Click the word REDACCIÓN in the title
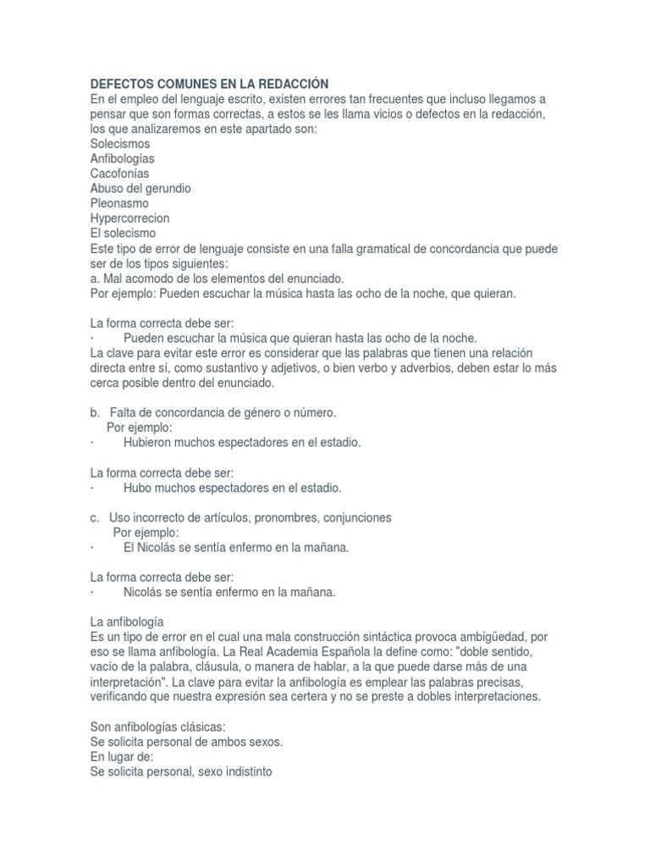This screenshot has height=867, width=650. (284, 84)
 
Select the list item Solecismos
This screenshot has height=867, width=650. (119, 144)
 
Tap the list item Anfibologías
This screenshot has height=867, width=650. (122, 158)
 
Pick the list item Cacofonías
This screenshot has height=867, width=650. (119, 174)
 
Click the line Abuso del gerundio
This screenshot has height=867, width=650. (140, 188)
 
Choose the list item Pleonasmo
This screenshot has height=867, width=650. (119, 203)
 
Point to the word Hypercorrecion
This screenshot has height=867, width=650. (130, 218)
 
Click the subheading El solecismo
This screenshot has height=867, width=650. (123, 233)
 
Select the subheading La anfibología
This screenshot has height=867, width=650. (132, 621)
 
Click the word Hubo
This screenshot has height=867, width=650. (136, 488)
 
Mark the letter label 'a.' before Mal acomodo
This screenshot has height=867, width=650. (95, 278)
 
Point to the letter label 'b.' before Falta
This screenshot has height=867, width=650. (96, 412)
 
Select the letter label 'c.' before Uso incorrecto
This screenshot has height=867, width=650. (95, 517)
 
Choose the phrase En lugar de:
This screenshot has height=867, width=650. (122, 757)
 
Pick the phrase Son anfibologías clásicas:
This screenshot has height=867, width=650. (157, 727)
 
